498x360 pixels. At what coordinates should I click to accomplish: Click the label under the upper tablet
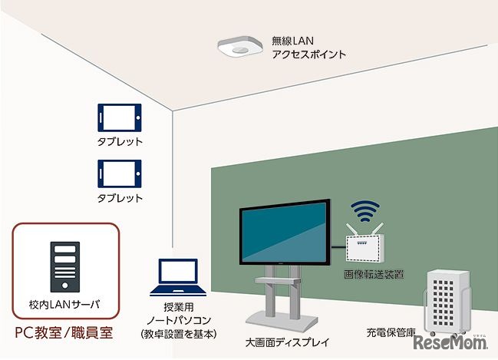(x=120, y=143)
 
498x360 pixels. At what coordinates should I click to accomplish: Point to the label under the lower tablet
(x=120, y=198)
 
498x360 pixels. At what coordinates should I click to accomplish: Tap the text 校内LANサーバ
(x=64, y=305)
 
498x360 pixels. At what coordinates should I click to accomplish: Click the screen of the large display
(x=285, y=234)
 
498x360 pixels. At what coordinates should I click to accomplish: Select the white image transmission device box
(x=367, y=246)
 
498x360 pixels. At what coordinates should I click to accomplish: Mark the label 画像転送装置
(x=374, y=273)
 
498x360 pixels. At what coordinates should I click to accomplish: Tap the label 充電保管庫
(x=391, y=334)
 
